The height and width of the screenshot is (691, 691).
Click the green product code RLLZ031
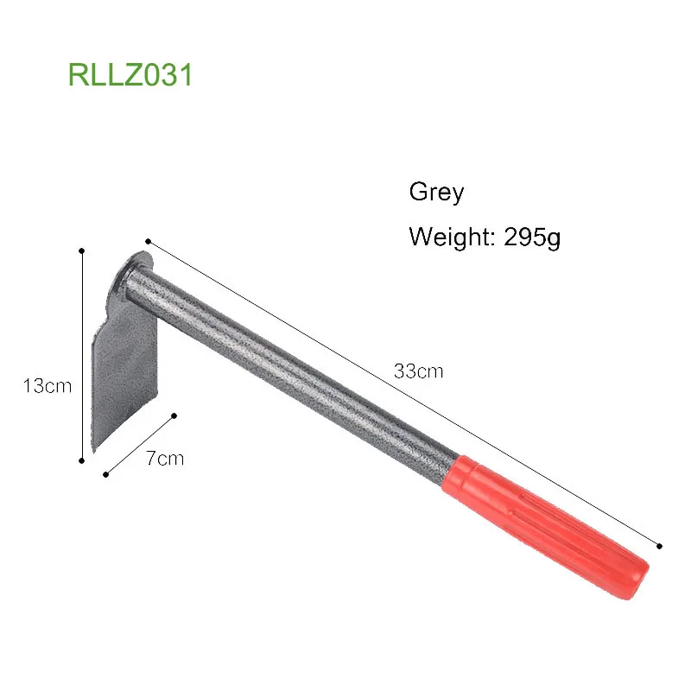tap(130, 74)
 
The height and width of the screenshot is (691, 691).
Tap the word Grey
tap(436, 192)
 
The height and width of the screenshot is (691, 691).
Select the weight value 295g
tap(529, 236)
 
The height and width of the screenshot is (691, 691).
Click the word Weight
tap(449, 237)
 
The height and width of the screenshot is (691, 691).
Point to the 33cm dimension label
tap(418, 372)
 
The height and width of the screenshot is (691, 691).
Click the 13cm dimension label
tap(48, 386)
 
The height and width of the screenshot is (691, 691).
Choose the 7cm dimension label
tap(164, 458)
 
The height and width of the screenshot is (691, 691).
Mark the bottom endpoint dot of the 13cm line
tap(81, 460)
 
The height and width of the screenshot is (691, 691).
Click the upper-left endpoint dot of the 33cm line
tap(149, 241)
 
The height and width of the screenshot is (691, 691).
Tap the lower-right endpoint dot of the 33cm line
tap(660, 546)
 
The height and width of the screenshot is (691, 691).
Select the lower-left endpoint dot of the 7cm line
tap(105, 473)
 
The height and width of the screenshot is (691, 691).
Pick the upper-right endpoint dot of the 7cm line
tap(174, 415)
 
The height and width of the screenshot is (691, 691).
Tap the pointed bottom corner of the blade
tap(90, 451)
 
